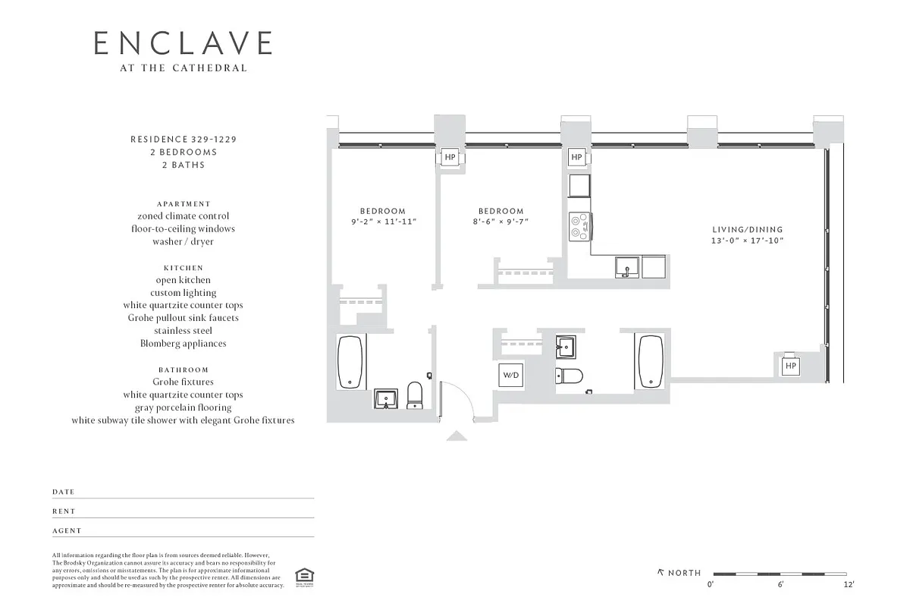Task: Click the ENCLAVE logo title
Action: coord(183,43)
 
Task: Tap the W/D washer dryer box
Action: coord(510,375)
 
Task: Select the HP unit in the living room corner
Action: coord(791,366)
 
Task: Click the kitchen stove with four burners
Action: coord(580,225)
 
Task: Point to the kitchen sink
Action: coord(627,266)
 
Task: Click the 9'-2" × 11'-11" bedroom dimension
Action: coord(382,222)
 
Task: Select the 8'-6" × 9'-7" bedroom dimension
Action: coord(500,222)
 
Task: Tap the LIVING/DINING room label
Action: coord(747,229)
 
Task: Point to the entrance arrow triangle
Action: coord(457,436)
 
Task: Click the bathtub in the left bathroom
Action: coord(351,362)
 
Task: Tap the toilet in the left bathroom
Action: coord(415,395)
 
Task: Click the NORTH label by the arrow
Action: coord(684,573)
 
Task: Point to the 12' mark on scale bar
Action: coord(849,584)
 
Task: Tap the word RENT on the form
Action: coord(64,511)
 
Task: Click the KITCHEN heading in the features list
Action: coord(183,268)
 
